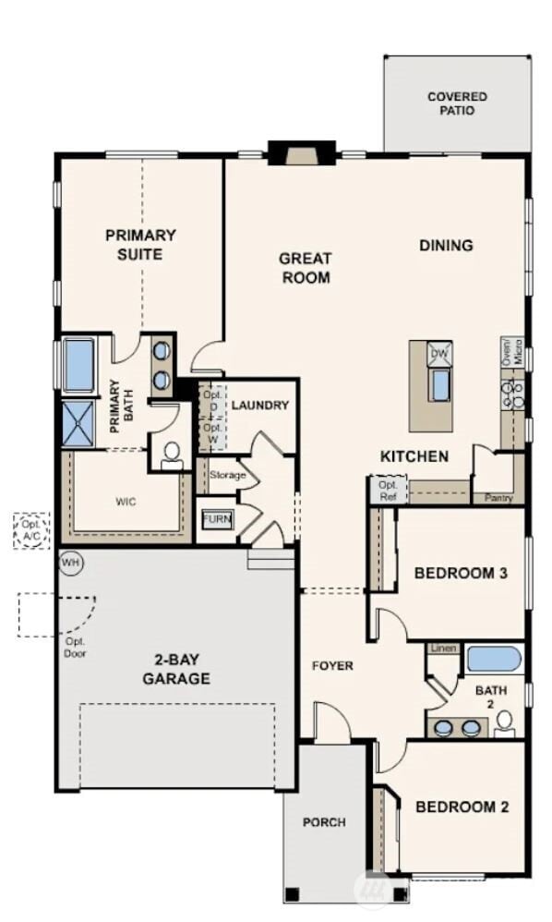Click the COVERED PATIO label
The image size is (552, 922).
tap(457, 103)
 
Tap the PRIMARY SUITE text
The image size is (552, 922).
tap(140, 244)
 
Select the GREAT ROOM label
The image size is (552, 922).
tap(306, 268)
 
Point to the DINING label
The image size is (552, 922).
tap(446, 245)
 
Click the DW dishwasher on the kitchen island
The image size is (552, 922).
tap(439, 353)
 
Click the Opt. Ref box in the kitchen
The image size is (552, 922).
tap(386, 490)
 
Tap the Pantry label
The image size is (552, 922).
tap(498, 497)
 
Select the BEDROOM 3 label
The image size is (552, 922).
tap(461, 573)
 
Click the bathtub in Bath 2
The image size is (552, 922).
tap(493, 660)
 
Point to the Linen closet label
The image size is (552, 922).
tap(442, 649)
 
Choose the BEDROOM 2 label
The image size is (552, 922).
tap(462, 807)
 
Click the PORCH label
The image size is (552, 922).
tap(324, 821)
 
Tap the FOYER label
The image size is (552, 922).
tap(332, 665)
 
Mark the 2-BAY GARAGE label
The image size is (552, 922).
tap(176, 669)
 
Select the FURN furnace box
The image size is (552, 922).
tap(218, 519)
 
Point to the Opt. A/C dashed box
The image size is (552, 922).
tap(31, 530)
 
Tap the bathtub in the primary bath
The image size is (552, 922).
tap(79, 365)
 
